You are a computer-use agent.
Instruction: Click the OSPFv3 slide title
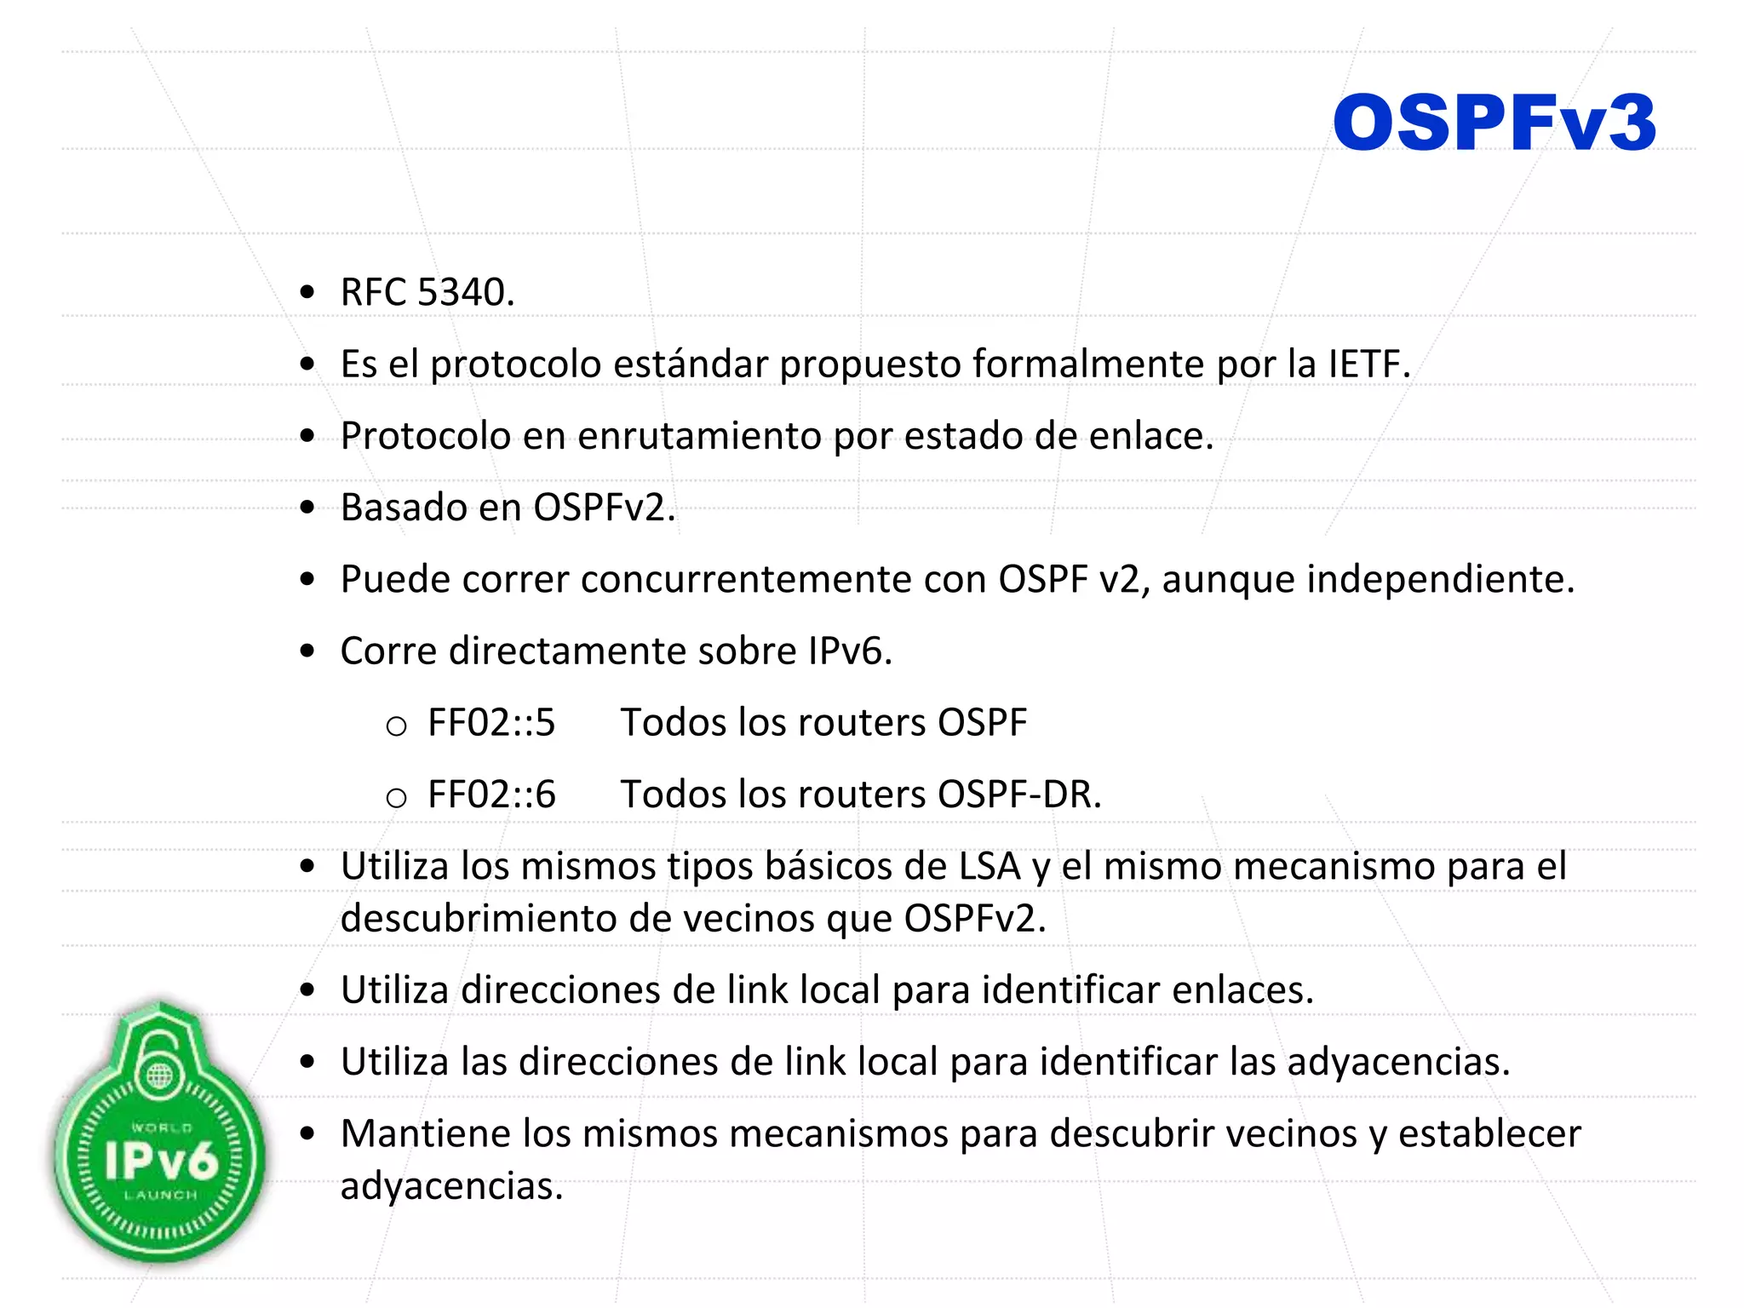[1494, 124]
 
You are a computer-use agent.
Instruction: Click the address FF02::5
[491, 723]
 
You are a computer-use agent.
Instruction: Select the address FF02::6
[491, 795]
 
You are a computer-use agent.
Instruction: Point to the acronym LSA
[990, 866]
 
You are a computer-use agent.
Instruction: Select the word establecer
[1489, 1133]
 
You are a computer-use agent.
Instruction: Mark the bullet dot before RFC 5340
[308, 293]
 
